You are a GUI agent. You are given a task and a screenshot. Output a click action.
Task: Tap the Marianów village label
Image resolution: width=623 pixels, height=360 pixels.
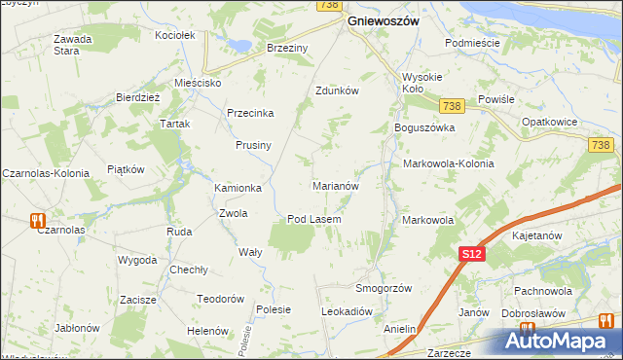tap(337, 185)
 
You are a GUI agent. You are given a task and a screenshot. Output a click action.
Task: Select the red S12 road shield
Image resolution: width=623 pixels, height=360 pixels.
tap(471, 254)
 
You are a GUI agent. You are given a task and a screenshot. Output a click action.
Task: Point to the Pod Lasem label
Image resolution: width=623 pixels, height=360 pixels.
tap(313, 219)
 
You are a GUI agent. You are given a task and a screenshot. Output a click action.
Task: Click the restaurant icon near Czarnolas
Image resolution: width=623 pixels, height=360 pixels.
tap(38, 219)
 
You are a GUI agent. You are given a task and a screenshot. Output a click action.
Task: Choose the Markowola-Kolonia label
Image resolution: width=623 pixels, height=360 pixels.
tap(448, 163)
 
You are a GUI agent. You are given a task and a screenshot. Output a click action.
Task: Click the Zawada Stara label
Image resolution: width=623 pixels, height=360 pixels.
tap(73, 45)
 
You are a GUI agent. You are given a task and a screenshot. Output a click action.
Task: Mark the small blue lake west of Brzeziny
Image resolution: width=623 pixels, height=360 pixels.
tap(237, 44)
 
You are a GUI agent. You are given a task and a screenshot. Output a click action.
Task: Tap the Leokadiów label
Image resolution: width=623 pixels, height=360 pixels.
tap(348, 311)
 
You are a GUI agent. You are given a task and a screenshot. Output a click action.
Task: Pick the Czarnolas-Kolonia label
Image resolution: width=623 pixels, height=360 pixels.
tap(46, 172)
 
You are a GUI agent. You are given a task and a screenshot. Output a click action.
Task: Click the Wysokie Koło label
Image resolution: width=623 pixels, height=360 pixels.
tap(422, 84)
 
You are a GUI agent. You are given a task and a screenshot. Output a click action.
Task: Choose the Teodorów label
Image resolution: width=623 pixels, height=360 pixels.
tap(219, 299)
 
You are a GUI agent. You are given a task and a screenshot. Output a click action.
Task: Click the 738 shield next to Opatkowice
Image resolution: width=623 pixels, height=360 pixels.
tap(600, 145)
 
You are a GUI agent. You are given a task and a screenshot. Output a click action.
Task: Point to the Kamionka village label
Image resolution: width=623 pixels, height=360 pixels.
tap(238, 188)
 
